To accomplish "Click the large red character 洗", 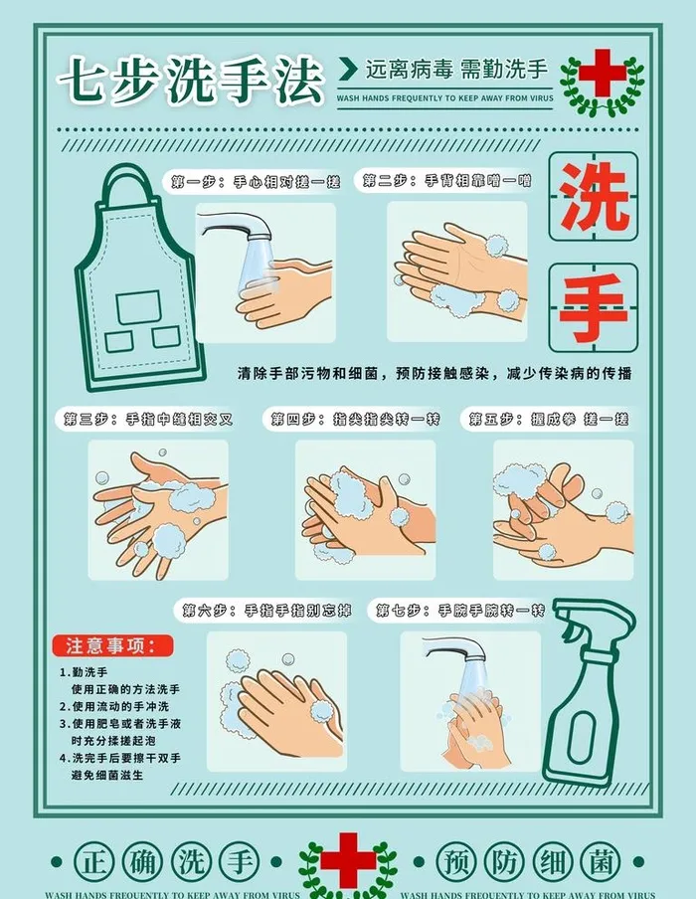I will [594, 196].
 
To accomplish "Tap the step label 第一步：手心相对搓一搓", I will [256, 182].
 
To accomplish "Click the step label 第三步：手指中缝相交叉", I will [149, 419].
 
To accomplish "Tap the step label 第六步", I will [262, 611].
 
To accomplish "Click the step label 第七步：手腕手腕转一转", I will [457, 611].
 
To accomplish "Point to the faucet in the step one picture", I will [231, 234].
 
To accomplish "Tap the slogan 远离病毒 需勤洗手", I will [455, 70].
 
